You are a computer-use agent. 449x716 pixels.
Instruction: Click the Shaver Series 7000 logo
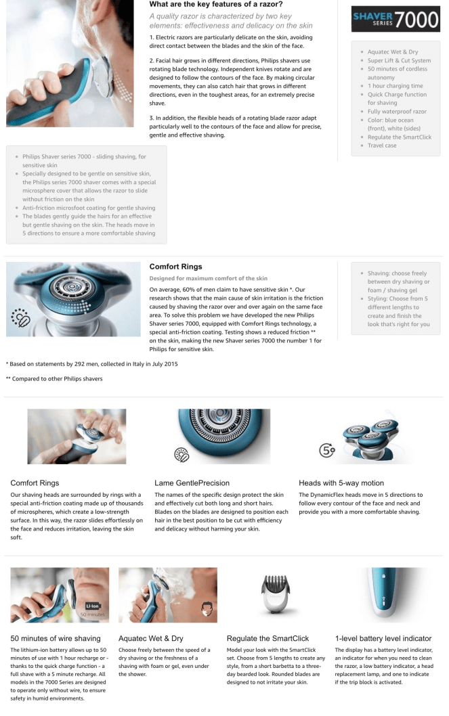(395, 19)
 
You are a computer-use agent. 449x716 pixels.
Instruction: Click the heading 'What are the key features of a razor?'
(216, 5)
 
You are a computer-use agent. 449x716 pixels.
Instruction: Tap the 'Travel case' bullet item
(382, 146)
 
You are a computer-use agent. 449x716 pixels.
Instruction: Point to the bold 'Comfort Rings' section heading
(176, 267)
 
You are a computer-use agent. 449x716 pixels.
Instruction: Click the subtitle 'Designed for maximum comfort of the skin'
(209, 279)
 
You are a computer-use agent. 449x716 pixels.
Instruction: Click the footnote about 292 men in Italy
(92, 364)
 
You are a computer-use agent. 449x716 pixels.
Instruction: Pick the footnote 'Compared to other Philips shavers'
(54, 378)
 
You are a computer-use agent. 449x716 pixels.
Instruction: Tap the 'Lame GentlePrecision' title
(192, 483)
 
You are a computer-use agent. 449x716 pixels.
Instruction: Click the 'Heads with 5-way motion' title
(341, 483)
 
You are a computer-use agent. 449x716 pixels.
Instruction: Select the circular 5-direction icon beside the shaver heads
(327, 451)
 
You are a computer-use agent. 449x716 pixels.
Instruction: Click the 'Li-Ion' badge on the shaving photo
(92, 606)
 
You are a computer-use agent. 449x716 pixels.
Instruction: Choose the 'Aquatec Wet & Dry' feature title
(151, 638)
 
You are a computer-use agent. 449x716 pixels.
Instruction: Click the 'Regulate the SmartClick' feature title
(268, 638)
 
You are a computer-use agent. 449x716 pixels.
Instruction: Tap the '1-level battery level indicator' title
(383, 638)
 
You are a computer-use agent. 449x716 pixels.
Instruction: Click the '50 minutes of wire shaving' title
(56, 638)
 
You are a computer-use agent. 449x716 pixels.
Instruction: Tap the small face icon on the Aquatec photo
(207, 608)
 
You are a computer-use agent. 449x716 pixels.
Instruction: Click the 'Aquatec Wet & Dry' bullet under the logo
(393, 52)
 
